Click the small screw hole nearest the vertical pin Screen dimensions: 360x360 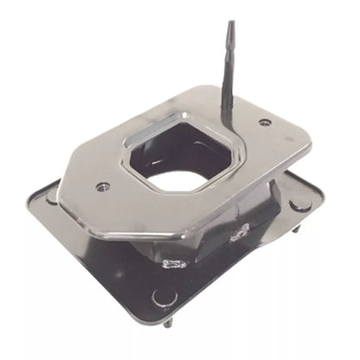265,122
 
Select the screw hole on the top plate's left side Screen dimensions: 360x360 103,186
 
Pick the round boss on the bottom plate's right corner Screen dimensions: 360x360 299,206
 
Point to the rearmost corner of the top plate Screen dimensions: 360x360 213,87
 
